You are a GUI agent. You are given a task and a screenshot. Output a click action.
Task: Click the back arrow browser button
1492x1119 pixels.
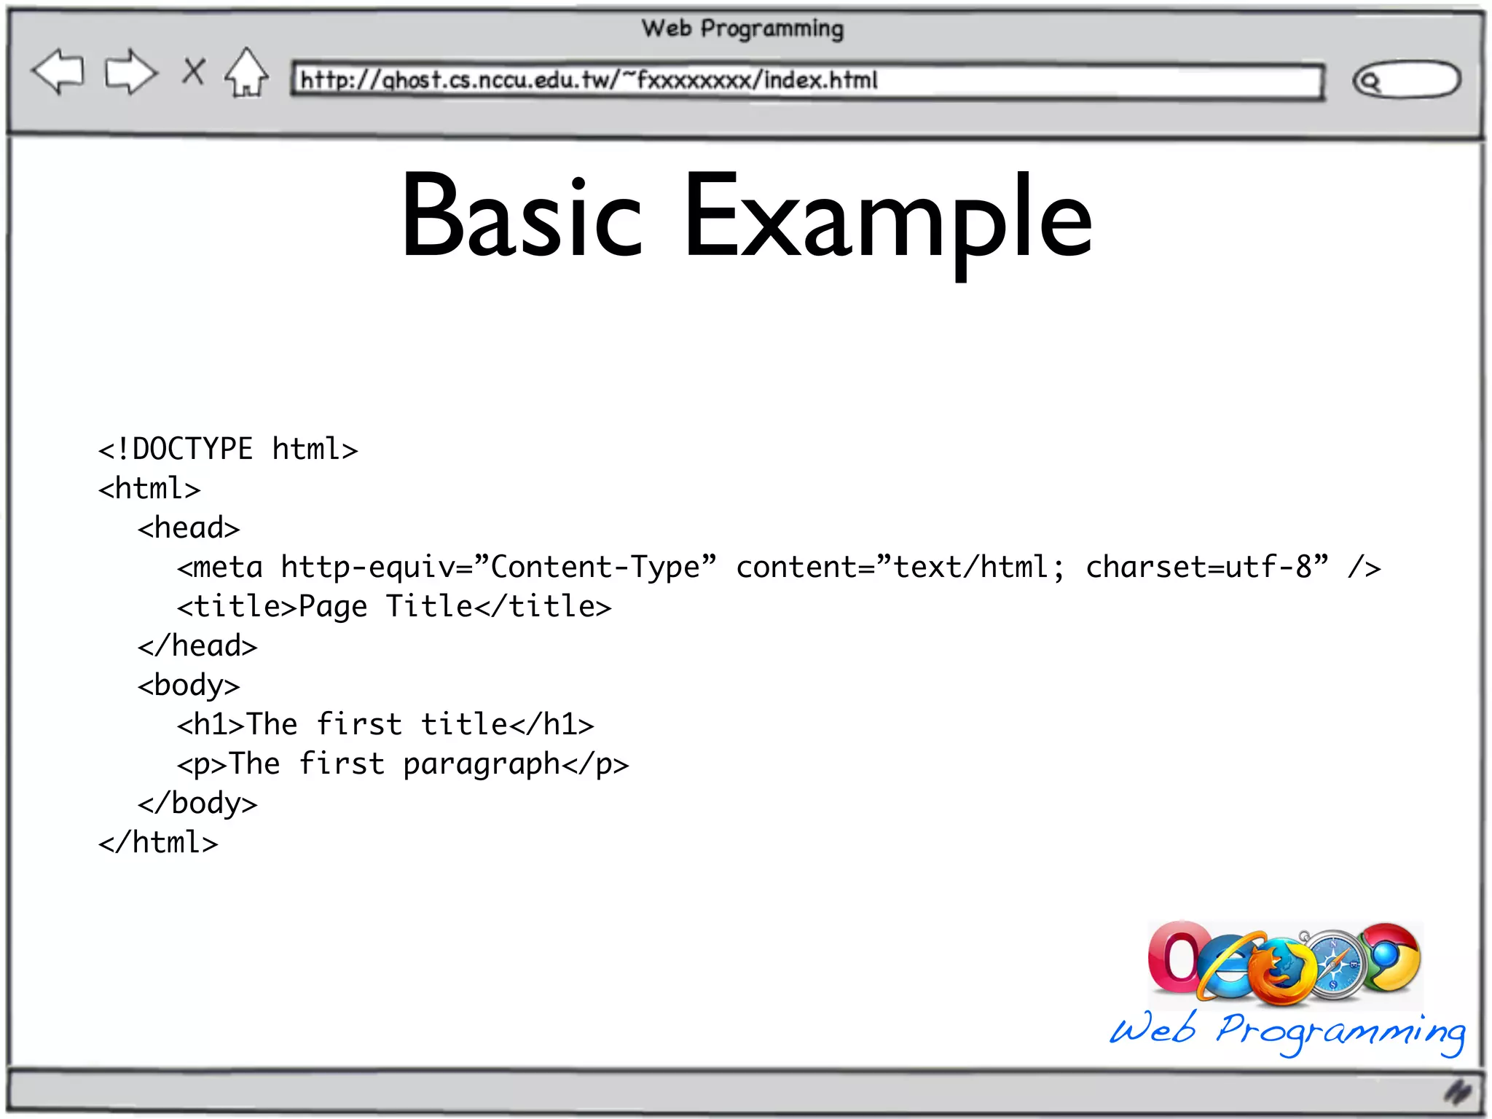coord(58,71)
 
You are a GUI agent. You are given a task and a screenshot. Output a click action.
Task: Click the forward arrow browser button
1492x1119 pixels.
coord(130,71)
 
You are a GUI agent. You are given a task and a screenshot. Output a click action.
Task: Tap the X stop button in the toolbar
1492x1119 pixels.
coord(193,71)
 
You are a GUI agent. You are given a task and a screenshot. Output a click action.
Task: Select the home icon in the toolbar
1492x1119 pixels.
coord(246,73)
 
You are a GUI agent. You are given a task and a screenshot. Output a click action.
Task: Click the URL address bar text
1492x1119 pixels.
coord(589,79)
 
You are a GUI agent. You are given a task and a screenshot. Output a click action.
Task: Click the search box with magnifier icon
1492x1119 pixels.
coord(1406,79)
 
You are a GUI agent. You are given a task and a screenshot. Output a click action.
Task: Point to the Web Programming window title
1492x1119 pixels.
coord(742,28)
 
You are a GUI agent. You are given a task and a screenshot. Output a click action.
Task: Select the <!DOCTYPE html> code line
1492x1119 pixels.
coord(228,449)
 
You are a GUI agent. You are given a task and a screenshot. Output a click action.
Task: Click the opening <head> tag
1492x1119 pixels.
coord(189,528)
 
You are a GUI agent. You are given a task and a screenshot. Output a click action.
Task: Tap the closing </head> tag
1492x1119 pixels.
coord(197,646)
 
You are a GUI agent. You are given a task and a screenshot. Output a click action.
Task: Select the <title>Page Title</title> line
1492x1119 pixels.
coord(394,607)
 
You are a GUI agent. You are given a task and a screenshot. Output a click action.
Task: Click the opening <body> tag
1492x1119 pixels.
coord(189,686)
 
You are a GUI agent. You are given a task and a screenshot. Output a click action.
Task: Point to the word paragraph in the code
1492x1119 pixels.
coord(482,764)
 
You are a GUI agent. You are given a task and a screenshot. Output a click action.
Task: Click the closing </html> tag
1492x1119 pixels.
coord(158,843)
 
